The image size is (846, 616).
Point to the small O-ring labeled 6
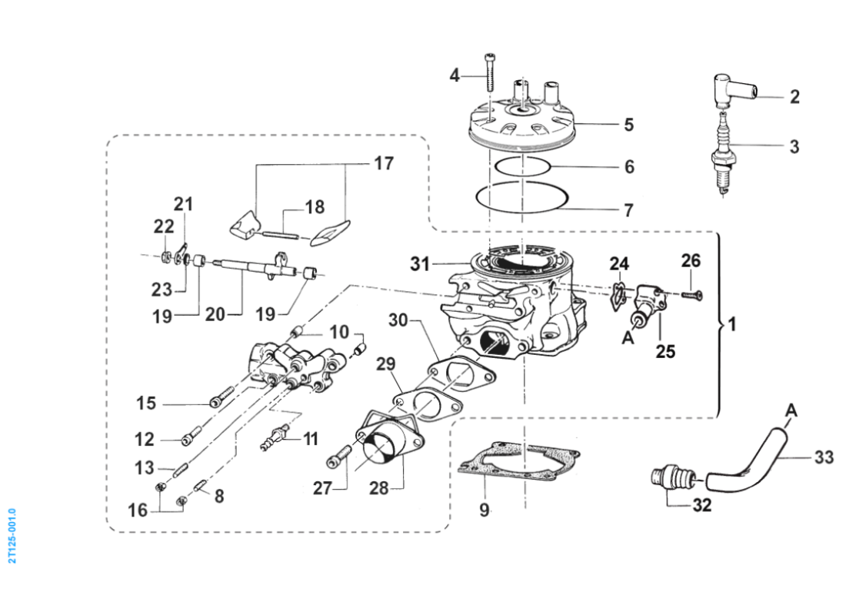[x=521, y=165]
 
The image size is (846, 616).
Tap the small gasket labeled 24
[x=618, y=296]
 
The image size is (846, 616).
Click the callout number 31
[x=419, y=264]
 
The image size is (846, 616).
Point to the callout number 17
[x=383, y=163]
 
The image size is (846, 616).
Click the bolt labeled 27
[x=338, y=460]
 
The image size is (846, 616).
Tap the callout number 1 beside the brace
[x=733, y=325]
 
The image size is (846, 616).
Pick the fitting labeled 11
[x=275, y=437]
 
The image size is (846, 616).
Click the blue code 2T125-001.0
[x=12, y=534]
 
